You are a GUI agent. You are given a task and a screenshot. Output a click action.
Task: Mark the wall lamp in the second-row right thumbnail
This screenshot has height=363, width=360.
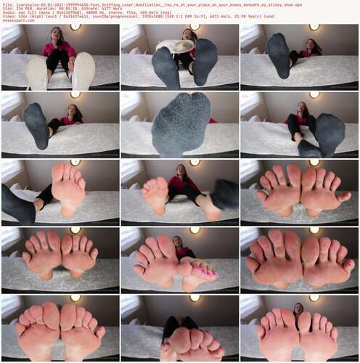[314, 94]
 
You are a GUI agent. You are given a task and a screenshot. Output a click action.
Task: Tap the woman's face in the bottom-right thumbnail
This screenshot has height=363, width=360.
[299, 308]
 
